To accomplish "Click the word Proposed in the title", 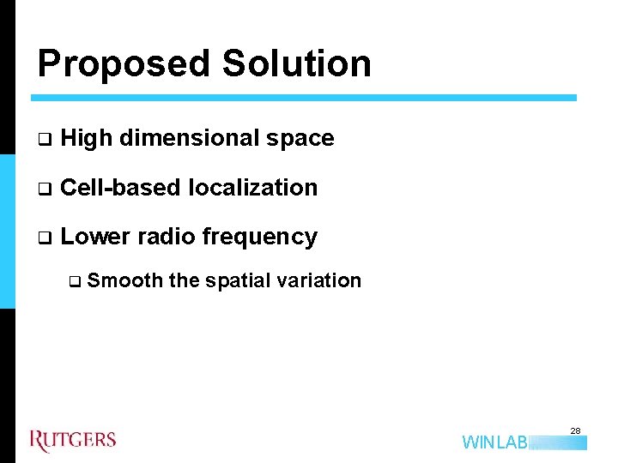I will point(124,64).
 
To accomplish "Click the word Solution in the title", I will point(296,64).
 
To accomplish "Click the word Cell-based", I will point(121,188).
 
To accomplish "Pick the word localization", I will point(252,188).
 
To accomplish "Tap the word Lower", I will point(95,237).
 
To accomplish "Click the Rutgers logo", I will point(73,441).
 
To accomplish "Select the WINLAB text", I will point(494,442).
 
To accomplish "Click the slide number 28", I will point(576,430).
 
